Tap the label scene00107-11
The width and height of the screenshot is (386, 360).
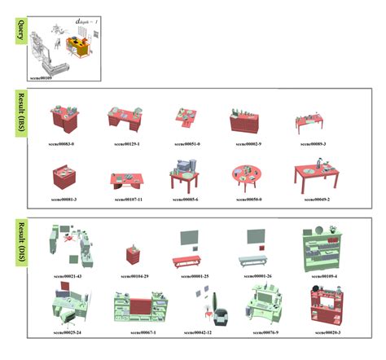coord(125,199)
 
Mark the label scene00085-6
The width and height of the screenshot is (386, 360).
coord(186,199)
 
